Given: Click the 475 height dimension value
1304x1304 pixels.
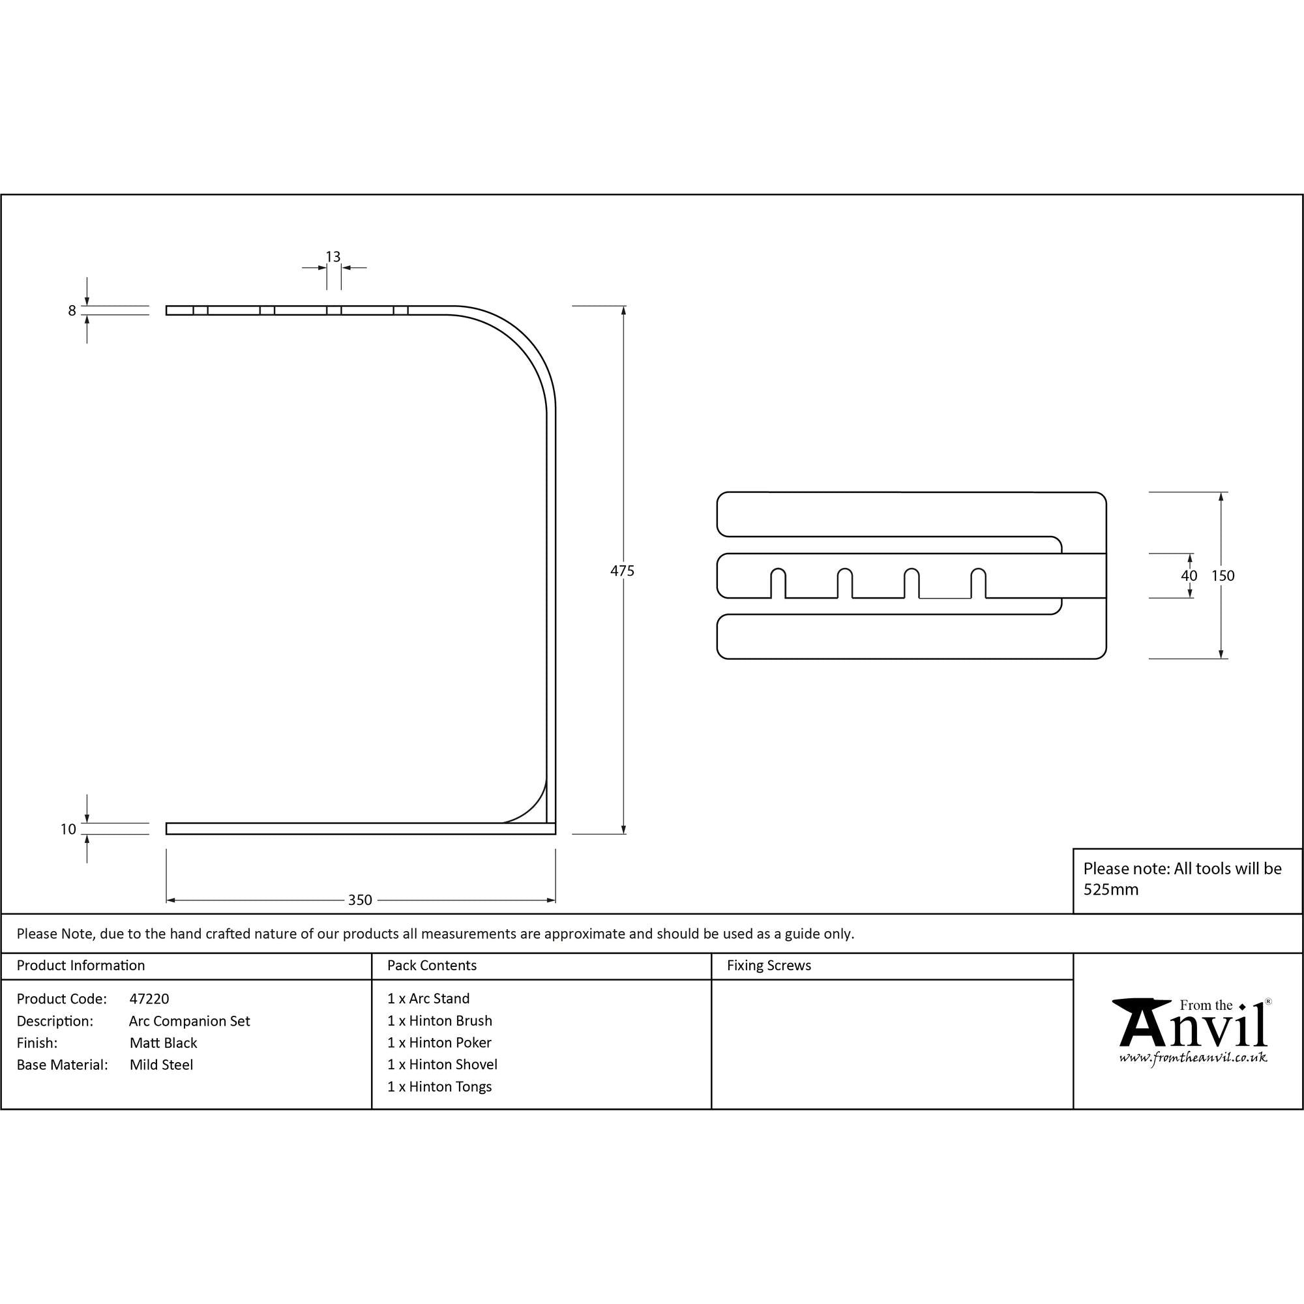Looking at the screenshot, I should point(621,571).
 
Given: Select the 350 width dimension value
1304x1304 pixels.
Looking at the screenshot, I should point(360,900).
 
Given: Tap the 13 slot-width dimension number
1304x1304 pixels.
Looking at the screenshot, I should point(333,256).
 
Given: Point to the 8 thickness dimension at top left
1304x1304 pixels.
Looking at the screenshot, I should point(72,311).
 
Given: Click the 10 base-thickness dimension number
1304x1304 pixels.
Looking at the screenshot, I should point(68,829).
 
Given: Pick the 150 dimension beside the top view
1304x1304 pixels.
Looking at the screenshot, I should point(1222,576).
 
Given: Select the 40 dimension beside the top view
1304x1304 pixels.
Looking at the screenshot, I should point(1189,576).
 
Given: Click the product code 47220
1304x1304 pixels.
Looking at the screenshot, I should point(149,999).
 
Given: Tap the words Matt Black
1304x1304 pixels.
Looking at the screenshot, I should point(164,1043).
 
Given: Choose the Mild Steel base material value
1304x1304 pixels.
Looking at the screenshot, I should point(161,1065).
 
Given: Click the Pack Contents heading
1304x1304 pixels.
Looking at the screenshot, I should point(432,966).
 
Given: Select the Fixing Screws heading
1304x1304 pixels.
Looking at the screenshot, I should point(769,966).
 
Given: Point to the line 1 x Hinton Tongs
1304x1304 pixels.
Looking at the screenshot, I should point(439,1087).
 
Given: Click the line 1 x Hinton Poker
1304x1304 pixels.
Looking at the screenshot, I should point(439,1043).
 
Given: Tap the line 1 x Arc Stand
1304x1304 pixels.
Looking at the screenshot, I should point(428,999).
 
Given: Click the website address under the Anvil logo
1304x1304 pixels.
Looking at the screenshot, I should point(1193,1058).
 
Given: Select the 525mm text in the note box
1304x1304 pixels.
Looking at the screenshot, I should point(1111,889).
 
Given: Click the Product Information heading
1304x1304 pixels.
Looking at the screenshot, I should point(81,966).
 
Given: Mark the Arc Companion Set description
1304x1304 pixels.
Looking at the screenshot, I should point(190,1021).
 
